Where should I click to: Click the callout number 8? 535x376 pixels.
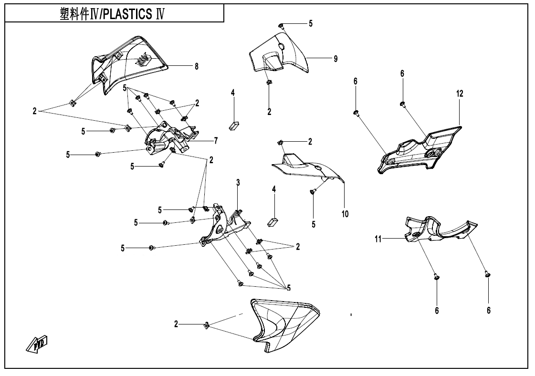point(197,66)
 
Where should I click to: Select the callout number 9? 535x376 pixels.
point(336,59)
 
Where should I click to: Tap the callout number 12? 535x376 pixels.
point(460,93)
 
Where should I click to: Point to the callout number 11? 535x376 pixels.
point(378,239)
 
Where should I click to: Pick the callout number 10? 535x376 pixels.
point(345,214)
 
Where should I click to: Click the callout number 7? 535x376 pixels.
point(216,140)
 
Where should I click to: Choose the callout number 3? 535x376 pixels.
point(238,183)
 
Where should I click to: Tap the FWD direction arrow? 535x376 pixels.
point(37,344)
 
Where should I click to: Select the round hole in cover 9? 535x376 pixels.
point(282,46)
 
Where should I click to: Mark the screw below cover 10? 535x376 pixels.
point(312,193)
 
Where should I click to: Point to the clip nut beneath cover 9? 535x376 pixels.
point(269,82)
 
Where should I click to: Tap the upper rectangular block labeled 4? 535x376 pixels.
point(234,125)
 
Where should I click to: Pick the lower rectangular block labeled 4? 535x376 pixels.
point(272,222)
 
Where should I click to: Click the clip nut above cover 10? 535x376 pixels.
point(281,143)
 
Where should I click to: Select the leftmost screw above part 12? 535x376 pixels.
point(356,113)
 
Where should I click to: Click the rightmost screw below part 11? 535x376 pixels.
point(487,273)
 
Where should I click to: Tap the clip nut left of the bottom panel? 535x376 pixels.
point(207,325)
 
